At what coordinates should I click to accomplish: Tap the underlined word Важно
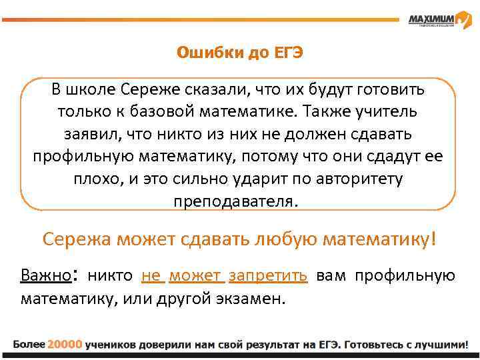(45, 276)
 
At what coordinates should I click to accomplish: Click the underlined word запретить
(268, 276)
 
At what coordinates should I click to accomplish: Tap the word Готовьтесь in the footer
(372, 344)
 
